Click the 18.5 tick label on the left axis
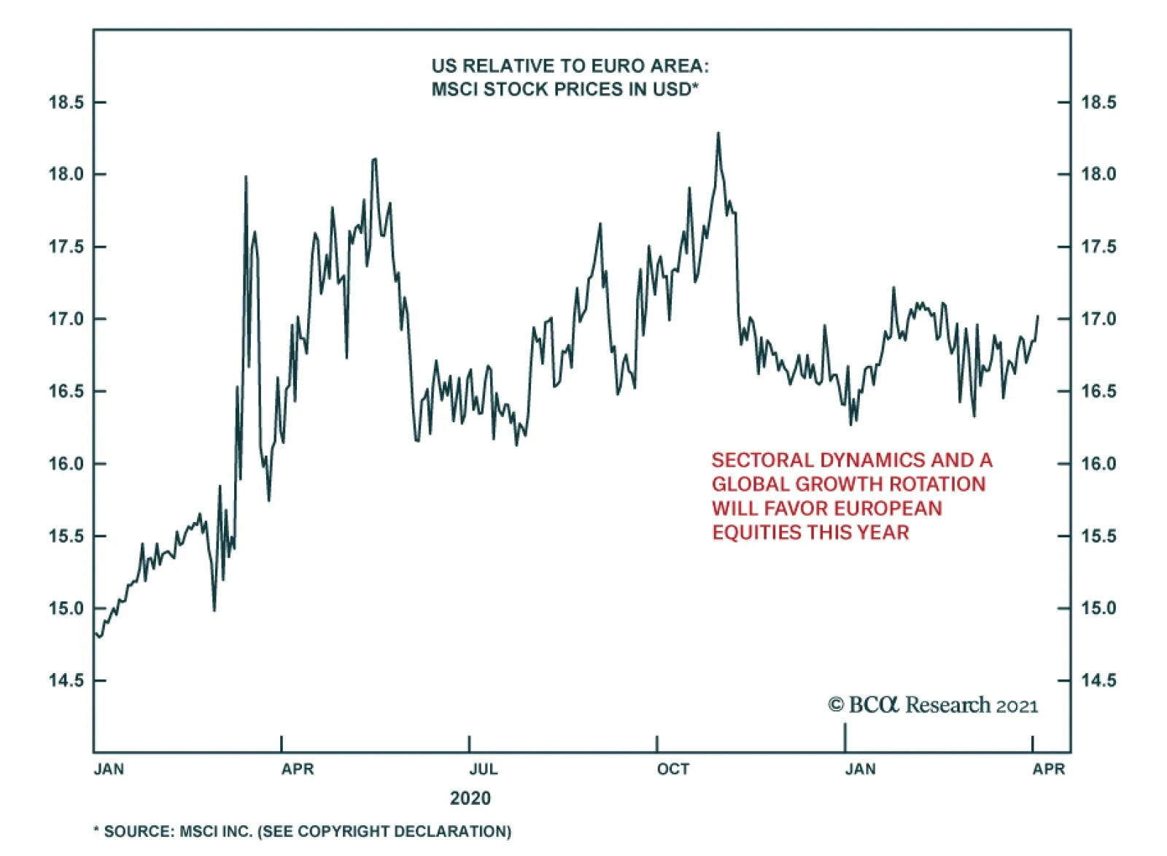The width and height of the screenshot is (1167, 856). [x=66, y=103]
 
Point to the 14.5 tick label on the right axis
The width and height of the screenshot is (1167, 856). [x=1098, y=681]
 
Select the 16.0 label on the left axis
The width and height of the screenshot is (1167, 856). [x=66, y=464]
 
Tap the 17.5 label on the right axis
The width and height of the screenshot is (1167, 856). [x=1098, y=247]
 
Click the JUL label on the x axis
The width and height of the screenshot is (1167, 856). [x=484, y=769]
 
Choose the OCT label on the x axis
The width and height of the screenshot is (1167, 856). [x=672, y=769]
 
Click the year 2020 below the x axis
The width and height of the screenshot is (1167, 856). [x=470, y=798]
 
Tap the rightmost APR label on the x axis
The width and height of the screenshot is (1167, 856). [x=1049, y=769]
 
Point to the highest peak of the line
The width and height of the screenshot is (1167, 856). [x=718, y=133]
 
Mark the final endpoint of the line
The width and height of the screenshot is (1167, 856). [x=1038, y=316]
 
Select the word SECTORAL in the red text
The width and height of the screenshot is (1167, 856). [x=762, y=461]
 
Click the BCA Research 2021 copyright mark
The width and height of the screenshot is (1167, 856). [x=933, y=706]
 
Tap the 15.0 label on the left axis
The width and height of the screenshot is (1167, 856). [x=66, y=609]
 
